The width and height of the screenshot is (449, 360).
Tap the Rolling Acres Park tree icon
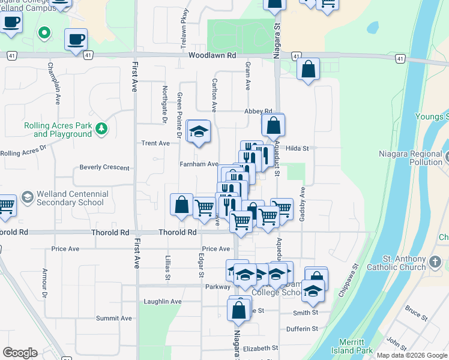[x=102, y=128]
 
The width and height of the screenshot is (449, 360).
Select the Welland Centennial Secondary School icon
[x=27, y=197]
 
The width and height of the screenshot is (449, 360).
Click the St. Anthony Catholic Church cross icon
[x=435, y=262]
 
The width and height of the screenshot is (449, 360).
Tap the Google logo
[x=20, y=353]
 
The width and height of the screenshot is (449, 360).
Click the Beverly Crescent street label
[x=104, y=167]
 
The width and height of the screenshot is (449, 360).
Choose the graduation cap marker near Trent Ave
[x=199, y=131]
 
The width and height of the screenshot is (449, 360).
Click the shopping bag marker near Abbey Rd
[x=273, y=125]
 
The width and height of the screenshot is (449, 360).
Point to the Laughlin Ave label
[x=163, y=301]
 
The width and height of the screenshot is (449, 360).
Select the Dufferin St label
[x=302, y=329]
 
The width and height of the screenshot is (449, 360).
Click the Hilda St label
[x=297, y=148]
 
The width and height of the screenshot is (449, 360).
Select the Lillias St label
[x=168, y=266]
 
